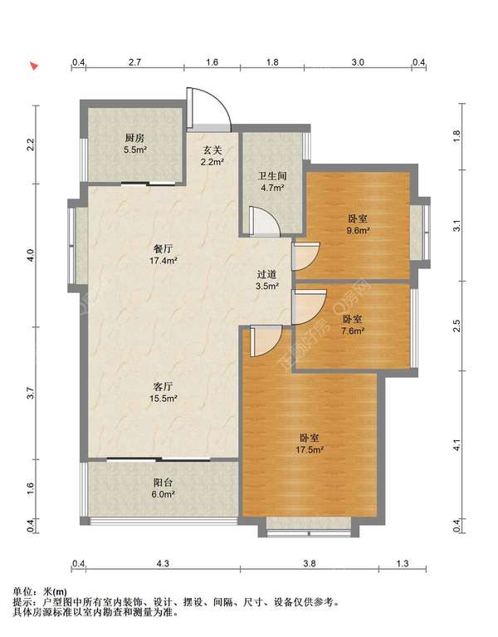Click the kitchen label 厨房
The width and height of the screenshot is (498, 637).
[x=134, y=138]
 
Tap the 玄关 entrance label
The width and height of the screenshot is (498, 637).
[x=212, y=149]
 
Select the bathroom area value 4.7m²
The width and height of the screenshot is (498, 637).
[x=272, y=188]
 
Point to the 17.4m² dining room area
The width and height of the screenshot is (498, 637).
[x=164, y=261]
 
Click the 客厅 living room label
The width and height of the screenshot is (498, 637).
[x=164, y=386]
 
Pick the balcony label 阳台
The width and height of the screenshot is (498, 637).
[x=164, y=483]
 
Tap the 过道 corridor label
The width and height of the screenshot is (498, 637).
[x=266, y=274]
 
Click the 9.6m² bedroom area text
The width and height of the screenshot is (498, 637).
[x=358, y=230]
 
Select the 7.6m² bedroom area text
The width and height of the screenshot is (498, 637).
[x=353, y=331]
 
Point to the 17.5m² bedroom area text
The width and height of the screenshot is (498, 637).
[x=310, y=449]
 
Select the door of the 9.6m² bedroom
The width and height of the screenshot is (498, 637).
[x=305, y=256]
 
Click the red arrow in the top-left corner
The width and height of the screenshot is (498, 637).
[x=34, y=66]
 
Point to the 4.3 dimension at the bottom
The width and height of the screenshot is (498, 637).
[x=163, y=563]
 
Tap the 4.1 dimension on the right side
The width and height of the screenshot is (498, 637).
[x=457, y=445]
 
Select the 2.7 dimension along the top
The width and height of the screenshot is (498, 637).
[x=134, y=62]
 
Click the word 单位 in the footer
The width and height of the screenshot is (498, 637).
[x=22, y=591]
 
